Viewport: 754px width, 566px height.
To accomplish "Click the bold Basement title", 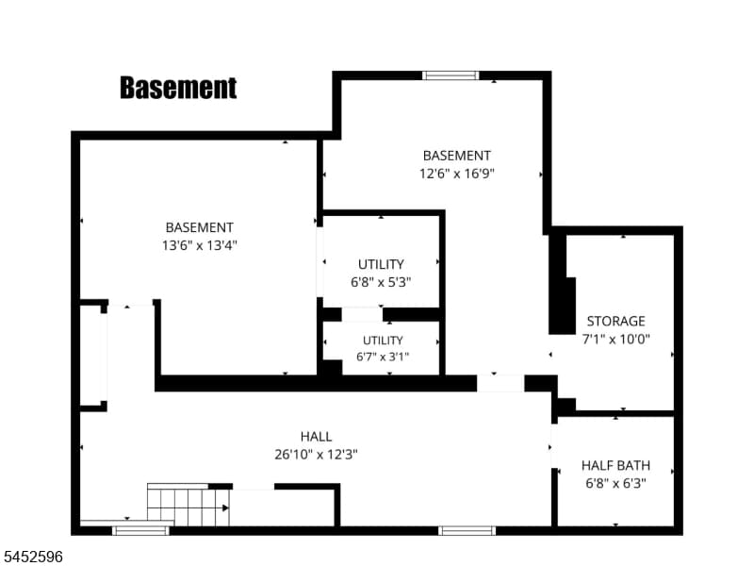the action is [x=178, y=88].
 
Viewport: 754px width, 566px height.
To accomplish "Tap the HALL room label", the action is [x=316, y=437].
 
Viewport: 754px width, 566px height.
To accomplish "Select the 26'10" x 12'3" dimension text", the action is [x=316, y=455].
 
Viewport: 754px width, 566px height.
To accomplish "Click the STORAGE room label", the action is [x=615, y=321].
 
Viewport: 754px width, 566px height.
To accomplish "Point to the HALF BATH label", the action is [x=615, y=465].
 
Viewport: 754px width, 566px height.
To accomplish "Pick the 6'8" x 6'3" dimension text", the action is [x=615, y=483].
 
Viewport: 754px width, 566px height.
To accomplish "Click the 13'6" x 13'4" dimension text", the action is [x=199, y=245].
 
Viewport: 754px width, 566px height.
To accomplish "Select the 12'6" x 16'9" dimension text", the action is [x=457, y=174].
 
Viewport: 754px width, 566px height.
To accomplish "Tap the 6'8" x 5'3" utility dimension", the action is [x=381, y=282].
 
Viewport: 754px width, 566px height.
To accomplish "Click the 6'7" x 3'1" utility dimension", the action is [x=383, y=357].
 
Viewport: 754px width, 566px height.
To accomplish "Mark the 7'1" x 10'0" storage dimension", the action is [x=615, y=339].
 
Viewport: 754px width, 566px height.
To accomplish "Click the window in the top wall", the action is [x=451, y=75].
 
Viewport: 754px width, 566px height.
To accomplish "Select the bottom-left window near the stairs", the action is [x=140, y=530].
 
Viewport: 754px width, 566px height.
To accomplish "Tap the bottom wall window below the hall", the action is [x=467, y=530].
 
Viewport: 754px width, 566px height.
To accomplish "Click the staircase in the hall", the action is [x=188, y=505].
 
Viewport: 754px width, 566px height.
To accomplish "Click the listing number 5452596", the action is [x=31, y=557].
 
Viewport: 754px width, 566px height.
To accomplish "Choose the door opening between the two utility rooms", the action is [x=362, y=315].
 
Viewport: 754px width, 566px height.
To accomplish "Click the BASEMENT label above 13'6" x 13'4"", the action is [x=199, y=227].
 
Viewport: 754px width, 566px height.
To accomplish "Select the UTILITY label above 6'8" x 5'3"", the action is [x=381, y=264].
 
